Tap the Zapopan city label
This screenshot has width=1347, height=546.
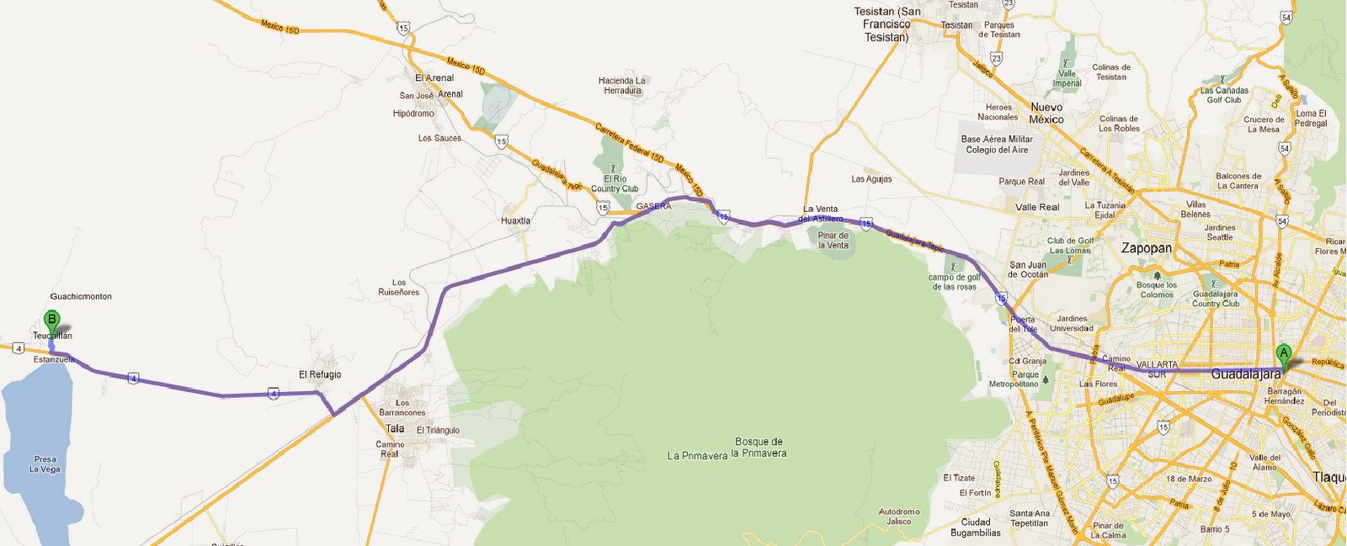[x=1146, y=248]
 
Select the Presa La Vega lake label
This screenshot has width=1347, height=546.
[x=45, y=464]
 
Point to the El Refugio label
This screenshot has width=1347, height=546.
[x=320, y=375]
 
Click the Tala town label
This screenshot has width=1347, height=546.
[x=395, y=429]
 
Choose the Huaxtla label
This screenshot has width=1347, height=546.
[x=515, y=221]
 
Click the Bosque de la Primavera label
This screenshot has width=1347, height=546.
[x=759, y=448]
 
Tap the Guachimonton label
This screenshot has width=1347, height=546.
[x=81, y=297]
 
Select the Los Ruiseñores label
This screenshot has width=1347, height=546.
[x=398, y=288]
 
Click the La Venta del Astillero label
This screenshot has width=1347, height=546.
[x=820, y=214]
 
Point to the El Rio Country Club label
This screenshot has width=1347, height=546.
[x=615, y=183]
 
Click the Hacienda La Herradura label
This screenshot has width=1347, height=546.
[x=622, y=86]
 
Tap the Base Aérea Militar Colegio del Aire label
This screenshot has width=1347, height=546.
[x=997, y=145]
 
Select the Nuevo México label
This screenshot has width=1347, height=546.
[x=1046, y=114]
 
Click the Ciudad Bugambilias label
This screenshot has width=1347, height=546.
[x=976, y=527]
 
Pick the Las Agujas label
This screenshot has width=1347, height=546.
[x=871, y=179]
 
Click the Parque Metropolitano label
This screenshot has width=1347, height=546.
[x=1014, y=379]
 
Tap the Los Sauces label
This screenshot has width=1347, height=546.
[x=439, y=138]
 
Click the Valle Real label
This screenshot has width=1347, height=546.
[x=1037, y=207]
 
